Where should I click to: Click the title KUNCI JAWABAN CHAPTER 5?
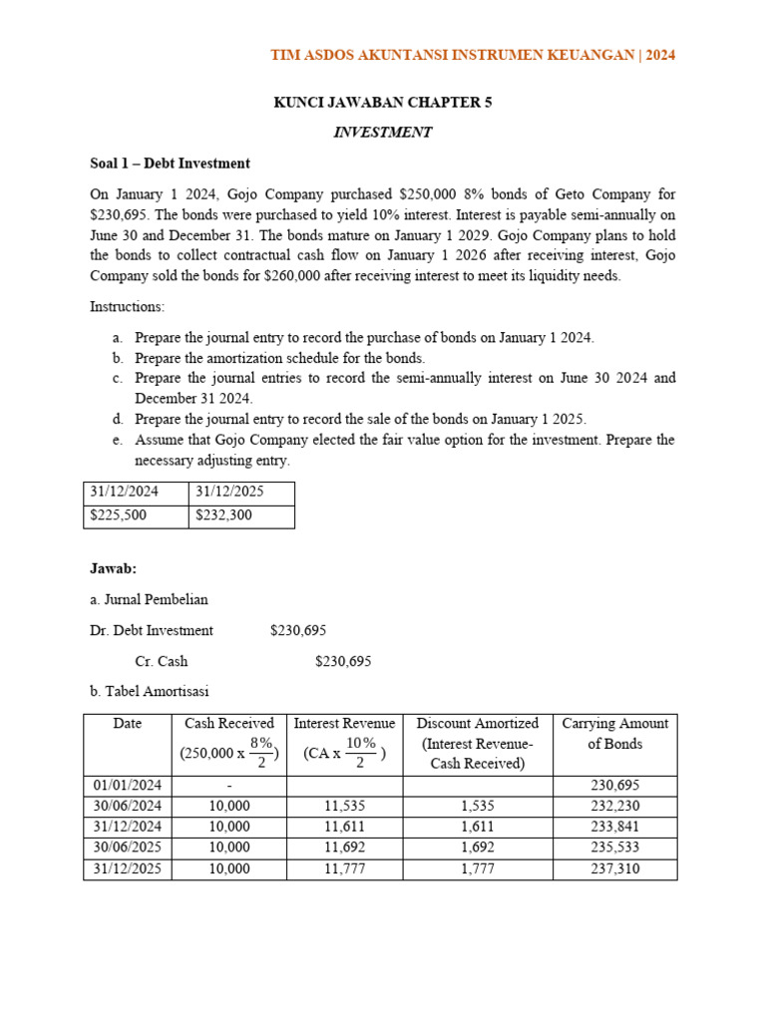point(383,102)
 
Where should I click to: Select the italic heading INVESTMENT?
point(383,132)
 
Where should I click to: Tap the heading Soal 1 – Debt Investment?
point(170,163)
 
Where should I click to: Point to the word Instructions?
point(128,306)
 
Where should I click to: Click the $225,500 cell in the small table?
point(116,516)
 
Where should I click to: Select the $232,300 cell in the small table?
point(223,516)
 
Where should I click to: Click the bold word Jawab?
point(113,568)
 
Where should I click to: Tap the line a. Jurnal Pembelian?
point(149,599)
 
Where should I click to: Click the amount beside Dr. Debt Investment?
point(298,630)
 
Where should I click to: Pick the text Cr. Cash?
point(161,660)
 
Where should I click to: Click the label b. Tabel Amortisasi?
point(150,691)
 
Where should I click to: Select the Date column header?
point(128,724)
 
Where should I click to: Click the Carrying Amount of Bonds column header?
point(615,733)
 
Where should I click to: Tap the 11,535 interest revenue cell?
point(344,806)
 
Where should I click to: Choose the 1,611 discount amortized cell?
point(479,827)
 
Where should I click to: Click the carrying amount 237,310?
point(615,868)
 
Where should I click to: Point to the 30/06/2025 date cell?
point(128,848)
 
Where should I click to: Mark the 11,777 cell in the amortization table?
point(344,868)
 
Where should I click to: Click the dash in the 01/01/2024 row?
point(229,785)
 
